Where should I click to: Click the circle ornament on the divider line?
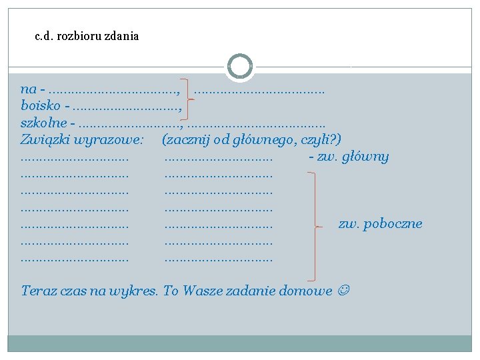240,67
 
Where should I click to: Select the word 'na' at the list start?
28,89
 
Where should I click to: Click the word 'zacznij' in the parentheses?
187,140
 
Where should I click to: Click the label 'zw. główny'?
352,157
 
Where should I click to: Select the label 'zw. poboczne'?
380,224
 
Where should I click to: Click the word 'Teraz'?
38,291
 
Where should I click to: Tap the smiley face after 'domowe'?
344,291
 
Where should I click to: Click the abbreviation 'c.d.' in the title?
43,37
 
